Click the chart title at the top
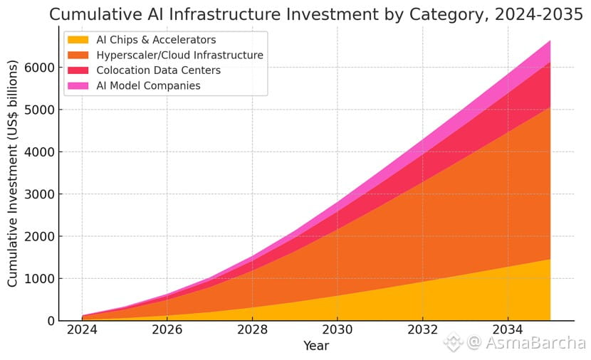point(316,14)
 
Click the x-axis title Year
point(315,346)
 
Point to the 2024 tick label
point(82,330)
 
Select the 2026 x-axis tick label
point(167,330)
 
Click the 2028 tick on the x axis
point(252,330)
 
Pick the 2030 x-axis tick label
point(338,330)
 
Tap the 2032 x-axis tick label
point(422,330)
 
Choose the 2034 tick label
point(507,330)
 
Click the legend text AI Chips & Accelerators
point(156,40)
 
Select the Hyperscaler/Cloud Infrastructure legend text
point(179,55)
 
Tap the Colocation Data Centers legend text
point(158,70)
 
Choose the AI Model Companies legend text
point(148,85)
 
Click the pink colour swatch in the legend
point(78,85)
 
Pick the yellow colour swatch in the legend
point(78,40)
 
